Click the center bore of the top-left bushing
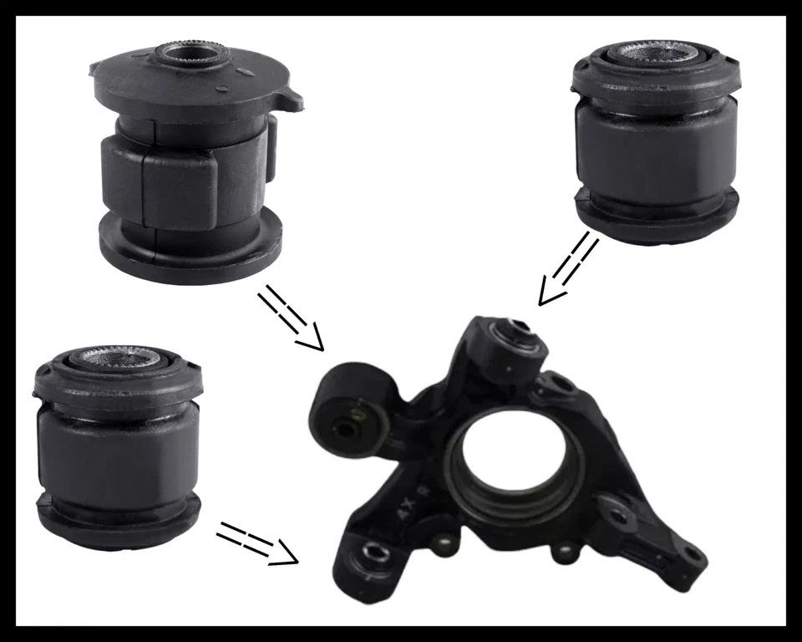coord(186,57)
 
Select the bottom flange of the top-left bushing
coord(188,250)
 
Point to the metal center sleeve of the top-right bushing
coord(655,52)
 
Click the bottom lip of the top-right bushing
coord(657,222)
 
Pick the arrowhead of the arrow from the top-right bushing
coord(547,295)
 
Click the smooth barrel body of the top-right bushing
coord(657,150)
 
